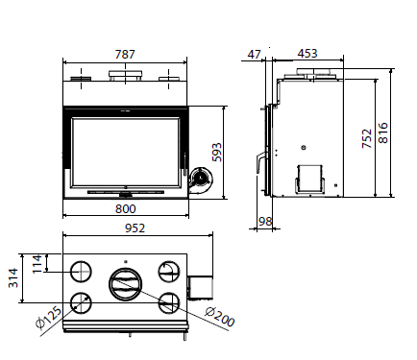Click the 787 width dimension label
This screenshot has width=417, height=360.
pos(125,55)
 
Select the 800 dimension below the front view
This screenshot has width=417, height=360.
pos(126,209)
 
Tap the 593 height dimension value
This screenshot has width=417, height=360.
pos(217,153)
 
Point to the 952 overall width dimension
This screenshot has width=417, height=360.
pos(135,228)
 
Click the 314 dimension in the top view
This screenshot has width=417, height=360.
pos(13,278)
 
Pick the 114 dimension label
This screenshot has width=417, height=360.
pos(37,264)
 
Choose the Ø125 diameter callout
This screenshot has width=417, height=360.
pos(49,318)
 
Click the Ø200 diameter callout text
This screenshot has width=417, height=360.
pos(220,317)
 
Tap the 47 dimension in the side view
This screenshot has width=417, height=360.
pos(255,55)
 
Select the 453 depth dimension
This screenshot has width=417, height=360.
pos(307,54)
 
